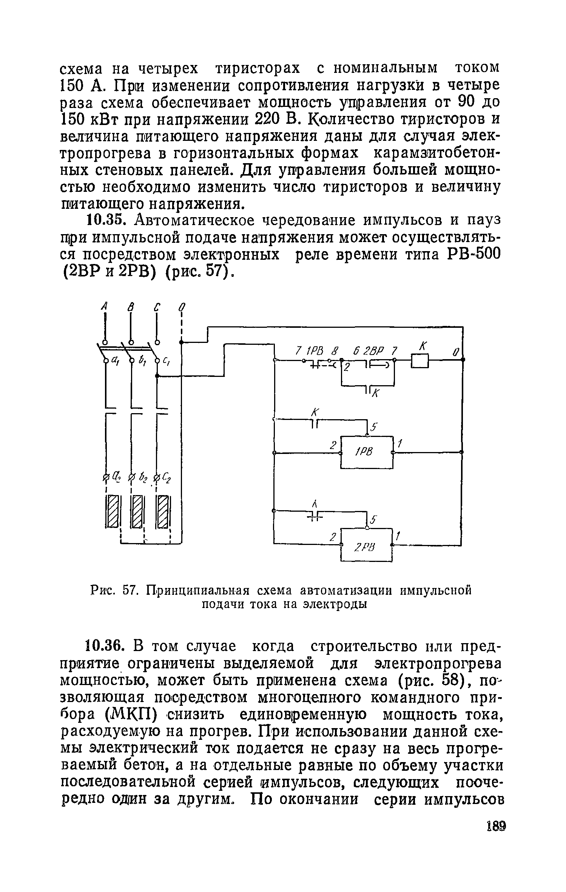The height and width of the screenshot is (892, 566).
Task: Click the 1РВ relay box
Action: pos(367,452)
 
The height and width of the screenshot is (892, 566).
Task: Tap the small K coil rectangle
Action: pos(420,361)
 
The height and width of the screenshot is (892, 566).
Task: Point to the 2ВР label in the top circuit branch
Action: pos(373,351)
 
